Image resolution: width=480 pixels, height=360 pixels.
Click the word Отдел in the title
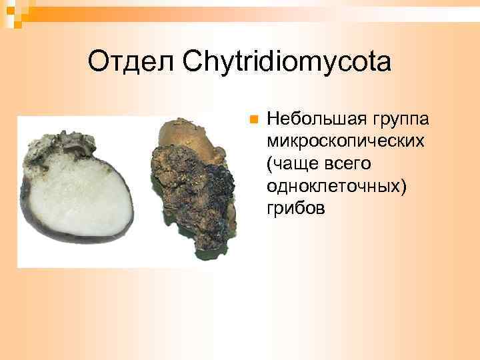[x=130, y=63]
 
